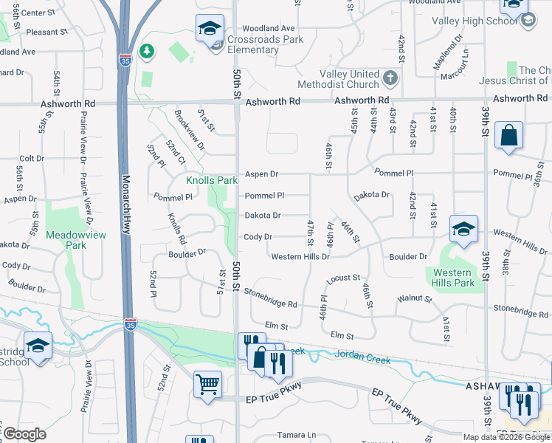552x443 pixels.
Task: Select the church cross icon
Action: pyautogui.click(x=390, y=77)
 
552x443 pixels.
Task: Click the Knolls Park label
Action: pyautogui.click(x=212, y=180)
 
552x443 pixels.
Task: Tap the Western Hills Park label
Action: pyautogui.click(x=450, y=278)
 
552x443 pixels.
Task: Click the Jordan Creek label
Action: pyautogui.click(x=362, y=355)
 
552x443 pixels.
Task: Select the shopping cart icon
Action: pyautogui.click(x=208, y=383)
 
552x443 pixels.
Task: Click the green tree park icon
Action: pyautogui.click(x=148, y=51)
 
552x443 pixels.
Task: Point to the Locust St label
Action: pyautogui.click(x=342, y=278)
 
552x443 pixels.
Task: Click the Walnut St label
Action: pyautogui.click(x=414, y=298)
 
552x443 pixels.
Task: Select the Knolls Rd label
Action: pyautogui.click(x=177, y=229)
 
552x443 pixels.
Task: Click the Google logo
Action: pyautogui.click(x=24, y=434)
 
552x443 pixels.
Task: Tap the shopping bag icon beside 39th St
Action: pyautogui.click(x=508, y=136)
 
